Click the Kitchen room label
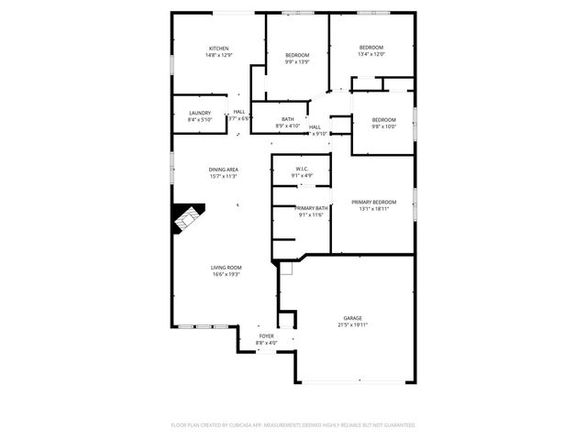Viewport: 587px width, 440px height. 218,49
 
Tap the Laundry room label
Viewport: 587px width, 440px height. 199,113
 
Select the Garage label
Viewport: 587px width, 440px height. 353,318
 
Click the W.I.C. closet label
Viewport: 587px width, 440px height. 302,169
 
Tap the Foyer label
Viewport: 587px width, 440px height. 266,336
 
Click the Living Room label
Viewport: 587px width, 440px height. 227,268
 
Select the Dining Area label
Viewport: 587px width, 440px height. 224,170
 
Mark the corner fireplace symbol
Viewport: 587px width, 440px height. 187,220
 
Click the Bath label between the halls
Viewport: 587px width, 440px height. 288,119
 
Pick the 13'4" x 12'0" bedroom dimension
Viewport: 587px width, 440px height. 371,54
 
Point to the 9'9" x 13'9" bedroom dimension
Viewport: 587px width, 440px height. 297,62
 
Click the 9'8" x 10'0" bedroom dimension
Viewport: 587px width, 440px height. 383,126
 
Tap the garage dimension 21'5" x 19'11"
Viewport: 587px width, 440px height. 353,324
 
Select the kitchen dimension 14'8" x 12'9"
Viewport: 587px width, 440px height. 218,55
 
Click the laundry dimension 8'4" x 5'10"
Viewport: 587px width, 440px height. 199,119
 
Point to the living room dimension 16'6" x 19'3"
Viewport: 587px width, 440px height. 227,274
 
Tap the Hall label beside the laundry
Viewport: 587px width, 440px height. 238,112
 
